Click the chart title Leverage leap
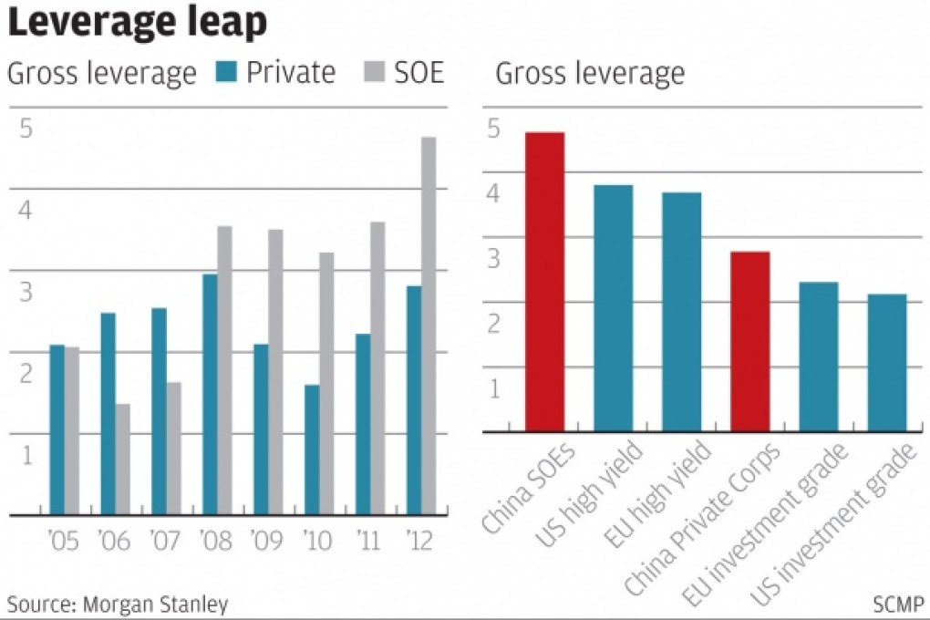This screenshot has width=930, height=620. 138,23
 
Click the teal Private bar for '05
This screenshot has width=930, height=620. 57,429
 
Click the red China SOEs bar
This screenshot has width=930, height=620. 544,282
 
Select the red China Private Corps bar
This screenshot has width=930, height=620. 750,341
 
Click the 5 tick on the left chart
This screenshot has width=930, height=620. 26,129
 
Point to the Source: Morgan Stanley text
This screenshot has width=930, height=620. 118,603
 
